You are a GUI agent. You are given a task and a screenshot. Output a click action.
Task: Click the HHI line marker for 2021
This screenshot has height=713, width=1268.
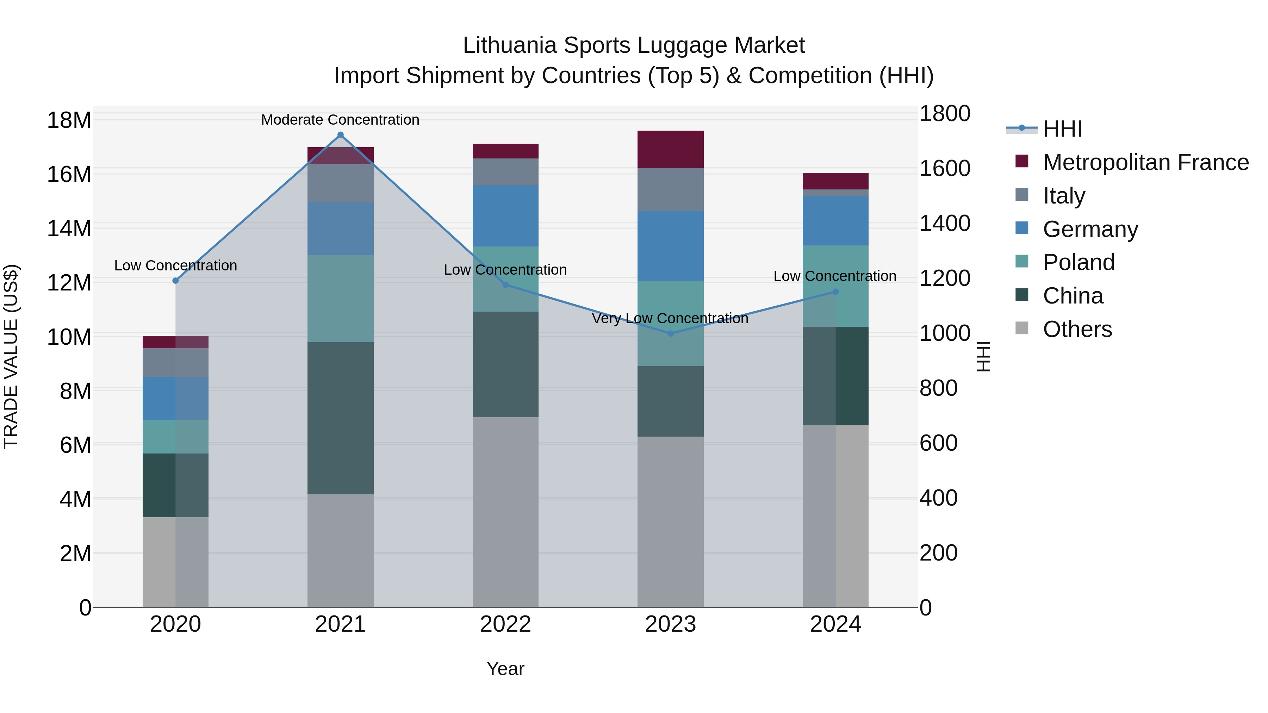pos(340,135)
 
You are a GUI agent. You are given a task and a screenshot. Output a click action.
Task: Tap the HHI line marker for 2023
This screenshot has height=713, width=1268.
pos(670,334)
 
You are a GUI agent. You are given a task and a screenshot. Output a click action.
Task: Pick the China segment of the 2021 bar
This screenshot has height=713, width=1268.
pos(340,418)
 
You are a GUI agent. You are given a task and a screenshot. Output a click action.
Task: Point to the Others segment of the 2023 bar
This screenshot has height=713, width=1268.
pos(670,521)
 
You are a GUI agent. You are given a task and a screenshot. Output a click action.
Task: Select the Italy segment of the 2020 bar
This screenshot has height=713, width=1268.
pos(175,363)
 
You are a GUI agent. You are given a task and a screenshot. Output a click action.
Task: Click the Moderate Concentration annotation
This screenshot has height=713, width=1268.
pos(340,120)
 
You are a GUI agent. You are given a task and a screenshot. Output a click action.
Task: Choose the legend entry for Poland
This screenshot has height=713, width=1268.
pos(1078,262)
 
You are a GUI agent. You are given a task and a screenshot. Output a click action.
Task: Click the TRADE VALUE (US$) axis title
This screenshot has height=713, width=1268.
pos(11,356)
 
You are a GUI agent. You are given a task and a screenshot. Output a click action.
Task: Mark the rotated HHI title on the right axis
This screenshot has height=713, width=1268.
pos(983,356)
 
